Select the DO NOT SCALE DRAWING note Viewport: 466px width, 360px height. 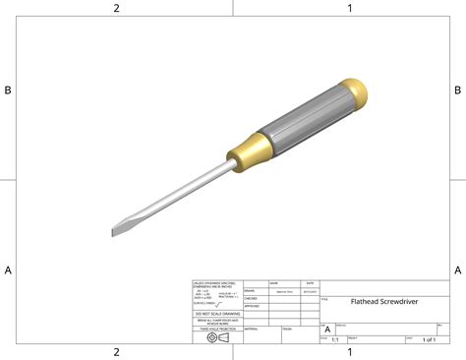[x=216, y=313]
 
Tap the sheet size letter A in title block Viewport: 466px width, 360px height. [x=327, y=330]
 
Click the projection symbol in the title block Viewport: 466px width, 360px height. [x=218, y=337]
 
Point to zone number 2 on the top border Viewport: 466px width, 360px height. [x=116, y=8]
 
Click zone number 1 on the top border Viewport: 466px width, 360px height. [x=349, y=8]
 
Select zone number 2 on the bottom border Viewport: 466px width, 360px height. [x=116, y=351]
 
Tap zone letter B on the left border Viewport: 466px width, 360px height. [x=8, y=90]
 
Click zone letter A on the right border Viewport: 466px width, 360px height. [x=457, y=270]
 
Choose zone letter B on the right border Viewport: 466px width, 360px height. [x=457, y=90]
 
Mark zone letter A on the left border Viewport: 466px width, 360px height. [x=8, y=270]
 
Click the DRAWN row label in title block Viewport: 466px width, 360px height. [x=250, y=291]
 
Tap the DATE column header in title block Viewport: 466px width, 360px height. [x=310, y=282]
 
